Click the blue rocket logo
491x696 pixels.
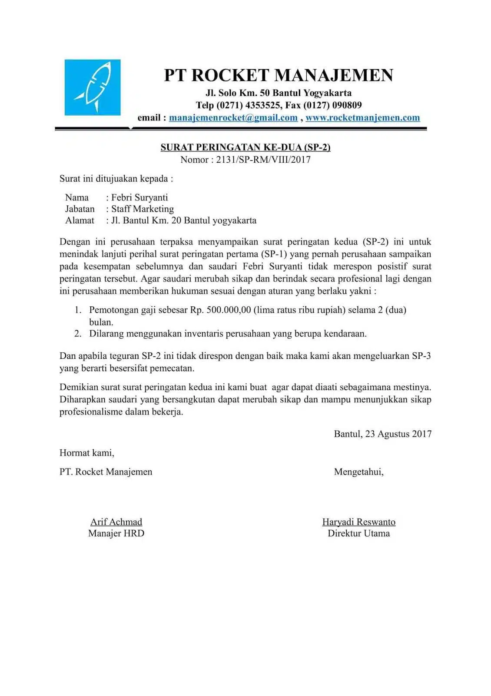[93, 87]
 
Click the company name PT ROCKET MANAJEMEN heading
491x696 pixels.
[279, 75]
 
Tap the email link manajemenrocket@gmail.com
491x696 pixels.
[233, 117]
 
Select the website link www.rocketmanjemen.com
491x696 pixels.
[362, 117]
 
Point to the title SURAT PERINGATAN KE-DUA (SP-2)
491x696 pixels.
[245, 147]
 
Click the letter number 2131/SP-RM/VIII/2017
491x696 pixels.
[263, 160]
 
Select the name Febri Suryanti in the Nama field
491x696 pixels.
[139, 197]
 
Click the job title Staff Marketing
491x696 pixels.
[143, 209]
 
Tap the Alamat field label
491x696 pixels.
[80, 221]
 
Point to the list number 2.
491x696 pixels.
[78, 334]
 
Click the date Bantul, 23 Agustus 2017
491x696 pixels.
[382, 434]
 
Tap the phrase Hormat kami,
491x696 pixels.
[87, 453]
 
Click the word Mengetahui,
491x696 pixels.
[358, 472]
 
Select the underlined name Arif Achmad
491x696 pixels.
[116, 522]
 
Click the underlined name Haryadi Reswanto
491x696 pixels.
[358, 522]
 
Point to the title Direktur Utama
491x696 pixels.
[358, 533]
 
